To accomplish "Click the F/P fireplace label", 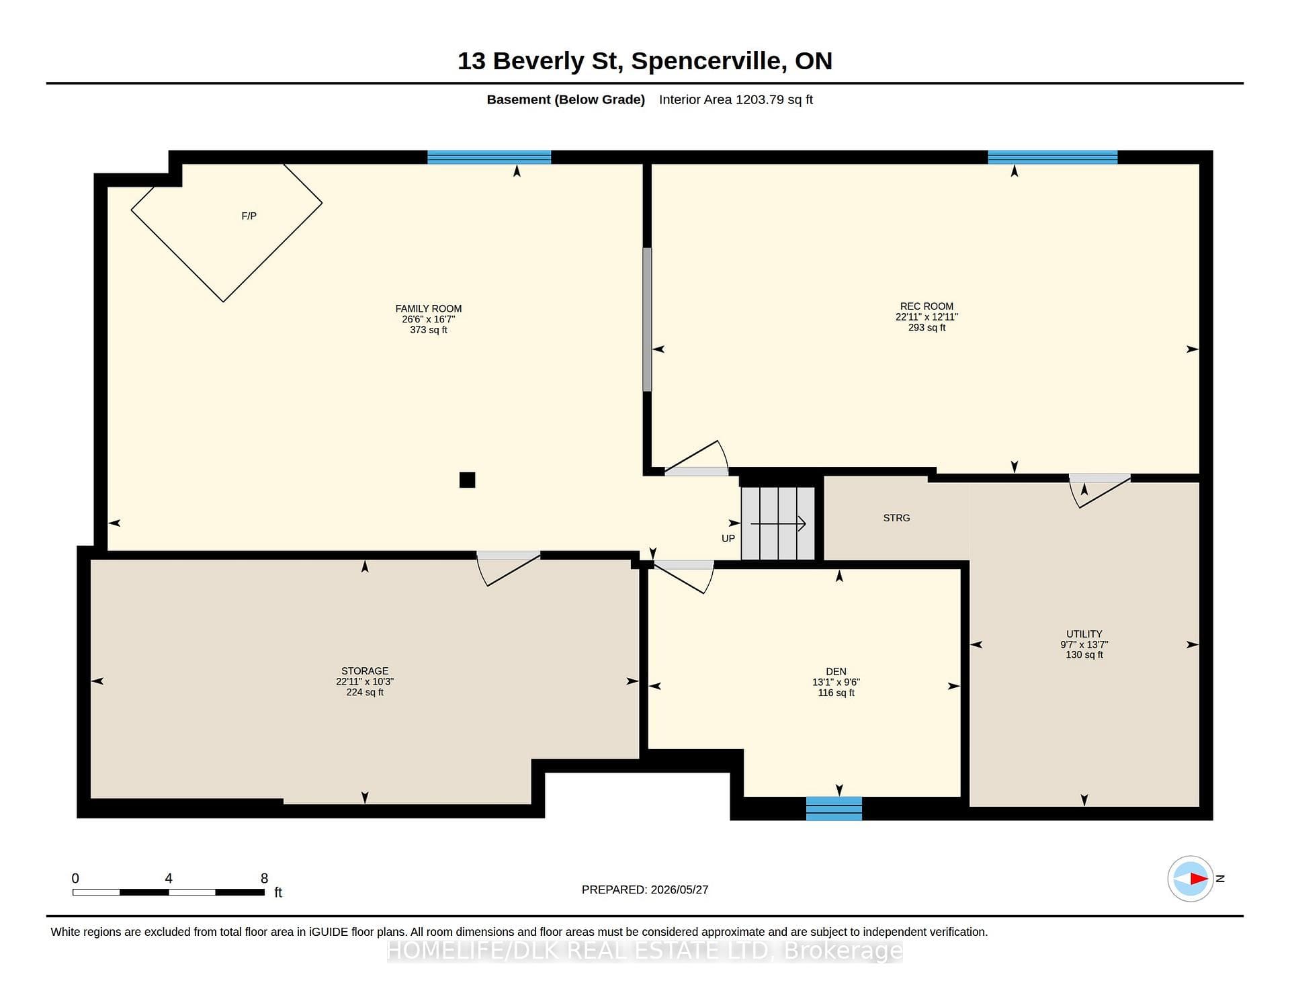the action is click(x=249, y=216).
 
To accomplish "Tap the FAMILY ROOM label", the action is click(x=429, y=309).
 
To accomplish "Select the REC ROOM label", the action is click(x=927, y=306).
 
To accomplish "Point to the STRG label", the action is click(x=896, y=518).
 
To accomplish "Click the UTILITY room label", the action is click(x=1084, y=634).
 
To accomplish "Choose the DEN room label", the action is click(x=836, y=672).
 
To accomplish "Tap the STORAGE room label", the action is click(x=365, y=671).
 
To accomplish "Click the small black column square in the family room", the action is click(x=467, y=480).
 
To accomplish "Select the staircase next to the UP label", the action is click(x=778, y=523).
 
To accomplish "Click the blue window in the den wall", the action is click(x=834, y=808).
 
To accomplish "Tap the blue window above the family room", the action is click(x=489, y=157).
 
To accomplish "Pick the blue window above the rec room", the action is click(x=1053, y=157).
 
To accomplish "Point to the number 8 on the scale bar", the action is click(x=264, y=878).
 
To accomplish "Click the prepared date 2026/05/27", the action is click(x=679, y=890).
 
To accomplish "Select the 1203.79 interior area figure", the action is click(x=760, y=99).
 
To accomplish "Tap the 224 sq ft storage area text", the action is click(x=365, y=693).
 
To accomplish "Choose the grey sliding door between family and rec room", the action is click(x=647, y=320).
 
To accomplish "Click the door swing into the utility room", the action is click(x=1099, y=491).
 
